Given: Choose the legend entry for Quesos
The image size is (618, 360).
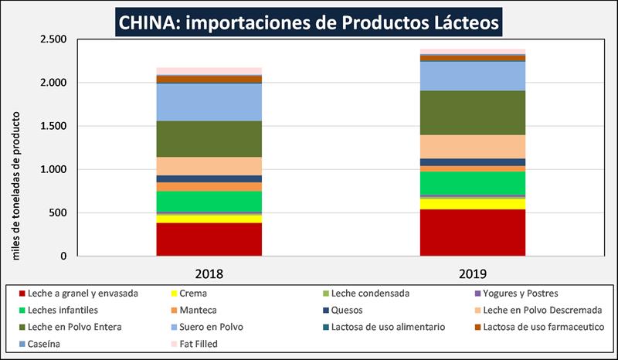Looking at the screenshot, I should click(x=343, y=311).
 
